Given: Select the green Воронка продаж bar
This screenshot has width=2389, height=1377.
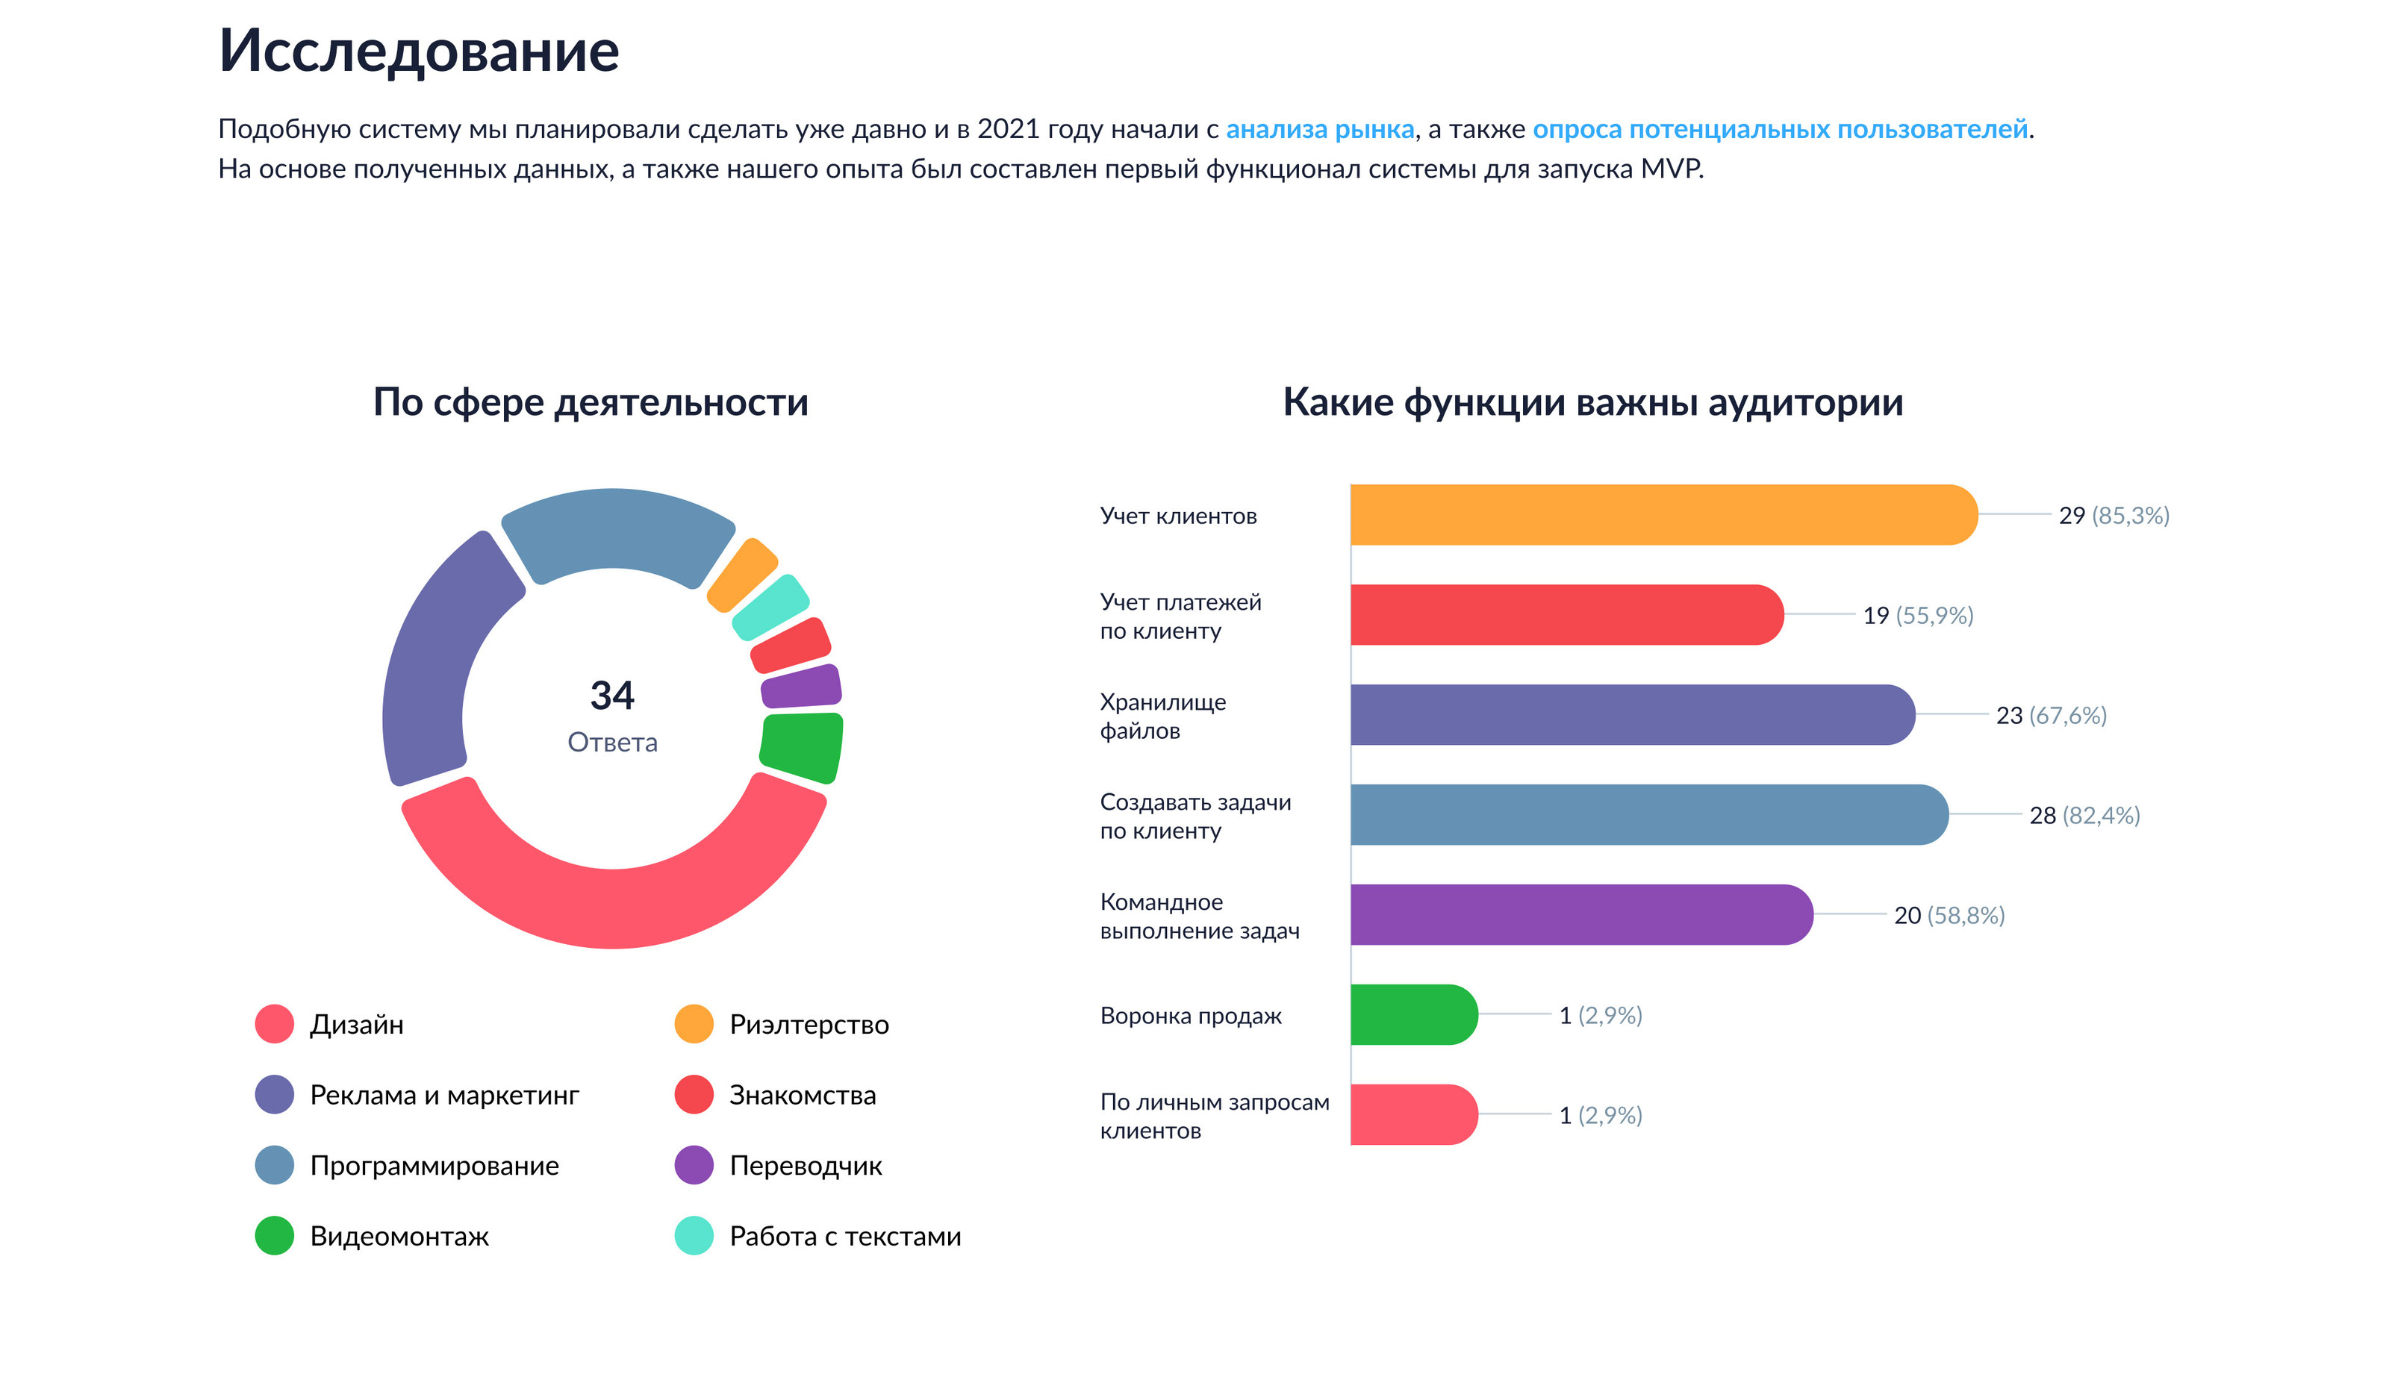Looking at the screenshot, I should (x=1411, y=1015).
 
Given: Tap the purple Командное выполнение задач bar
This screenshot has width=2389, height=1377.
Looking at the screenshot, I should (x=1580, y=914).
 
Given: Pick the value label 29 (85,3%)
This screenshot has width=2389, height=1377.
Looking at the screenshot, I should (x=2113, y=516).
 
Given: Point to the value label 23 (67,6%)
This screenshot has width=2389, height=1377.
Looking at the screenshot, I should (x=2050, y=715).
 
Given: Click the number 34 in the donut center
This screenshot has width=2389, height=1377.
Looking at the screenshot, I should (x=612, y=695).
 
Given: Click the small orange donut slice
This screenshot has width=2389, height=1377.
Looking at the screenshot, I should (x=742, y=573).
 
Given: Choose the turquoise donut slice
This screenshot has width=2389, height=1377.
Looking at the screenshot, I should (x=770, y=606).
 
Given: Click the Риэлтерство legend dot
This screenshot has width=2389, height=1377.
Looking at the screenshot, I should (x=694, y=1024).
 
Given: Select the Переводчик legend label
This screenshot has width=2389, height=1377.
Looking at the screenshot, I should (x=805, y=1165).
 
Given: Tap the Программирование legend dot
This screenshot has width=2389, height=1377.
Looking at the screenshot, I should (x=274, y=1165).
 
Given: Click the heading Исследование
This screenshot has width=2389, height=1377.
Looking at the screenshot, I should (x=419, y=50).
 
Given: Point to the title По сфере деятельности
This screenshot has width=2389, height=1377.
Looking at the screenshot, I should (x=590, y=402).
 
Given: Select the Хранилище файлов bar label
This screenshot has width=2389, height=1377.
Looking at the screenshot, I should (x=1162, y=716).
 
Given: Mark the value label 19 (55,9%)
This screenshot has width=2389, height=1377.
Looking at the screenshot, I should (x=1917, y=616).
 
